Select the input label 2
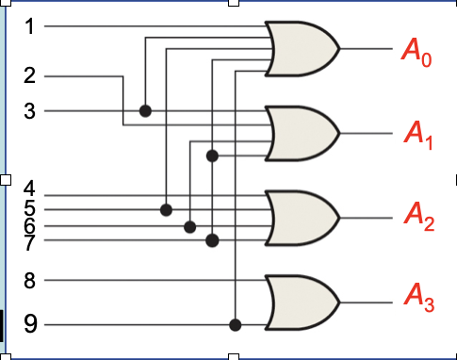click(x=30, y=74)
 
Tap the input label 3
click(x=30, y=111)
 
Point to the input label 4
click(x=30, y=189)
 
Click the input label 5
click(x=30, y=207)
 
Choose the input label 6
click(x=30, y=226)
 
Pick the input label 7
click(x=30, y=242)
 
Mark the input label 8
click(x=30, y=280)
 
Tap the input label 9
click(x=30, y=326)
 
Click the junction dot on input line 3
click(x=145, y=111)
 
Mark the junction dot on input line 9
click(x=236, y=325)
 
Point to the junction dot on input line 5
click(x=167, y=208)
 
